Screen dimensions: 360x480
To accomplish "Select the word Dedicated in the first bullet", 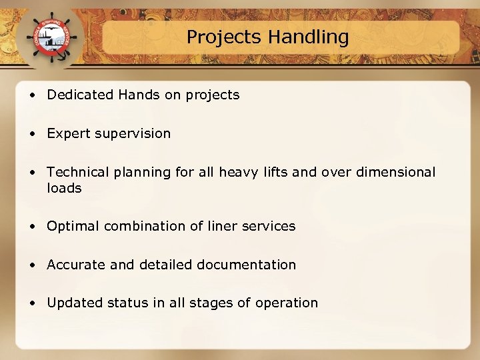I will [81, 95].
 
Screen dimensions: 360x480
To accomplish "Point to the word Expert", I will [68, 133].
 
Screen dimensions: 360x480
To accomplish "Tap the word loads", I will [64, 188].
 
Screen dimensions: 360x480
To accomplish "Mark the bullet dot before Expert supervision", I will [33, 134].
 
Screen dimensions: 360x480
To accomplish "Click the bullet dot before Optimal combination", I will [33, 227].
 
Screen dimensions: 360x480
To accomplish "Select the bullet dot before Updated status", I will [33, 303].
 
